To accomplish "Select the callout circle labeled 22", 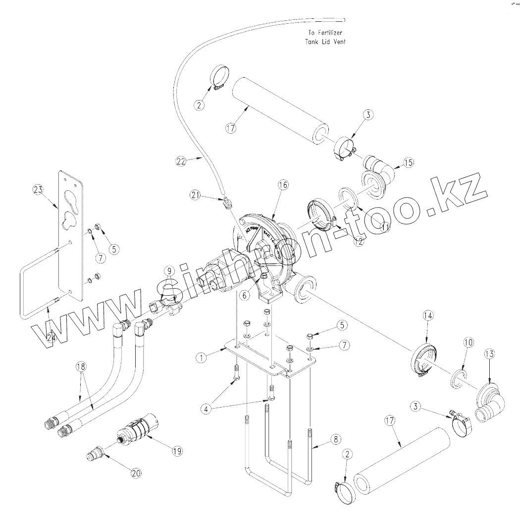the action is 181,161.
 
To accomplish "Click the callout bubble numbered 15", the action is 408,162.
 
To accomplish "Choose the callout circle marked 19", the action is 176,451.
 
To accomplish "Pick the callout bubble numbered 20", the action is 136,473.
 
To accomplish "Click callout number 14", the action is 428,315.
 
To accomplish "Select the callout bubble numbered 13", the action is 489,354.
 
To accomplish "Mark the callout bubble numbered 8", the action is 335,439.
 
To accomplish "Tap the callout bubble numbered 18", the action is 81,367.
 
